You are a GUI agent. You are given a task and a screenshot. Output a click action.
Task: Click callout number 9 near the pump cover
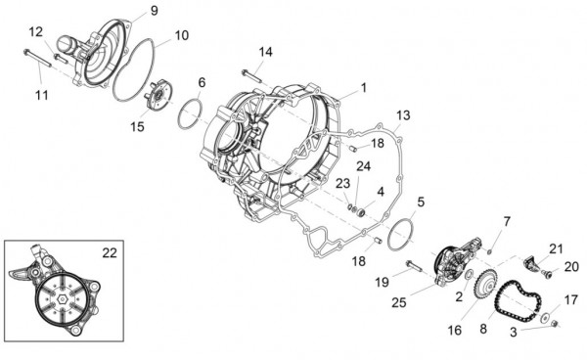(154, 11)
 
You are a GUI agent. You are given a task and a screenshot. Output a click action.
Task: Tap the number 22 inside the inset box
(111, 251)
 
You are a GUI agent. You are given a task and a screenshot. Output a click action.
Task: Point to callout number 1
(363, 87)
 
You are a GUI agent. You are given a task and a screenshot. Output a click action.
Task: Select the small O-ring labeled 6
(191, 113)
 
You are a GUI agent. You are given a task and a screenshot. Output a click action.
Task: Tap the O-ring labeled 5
(403, 235)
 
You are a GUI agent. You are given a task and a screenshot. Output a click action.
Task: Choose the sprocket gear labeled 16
(480, 289)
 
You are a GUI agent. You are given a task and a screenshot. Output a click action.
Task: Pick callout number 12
(35, 32)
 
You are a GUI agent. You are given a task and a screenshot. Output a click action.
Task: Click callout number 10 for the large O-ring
(182, 36)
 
